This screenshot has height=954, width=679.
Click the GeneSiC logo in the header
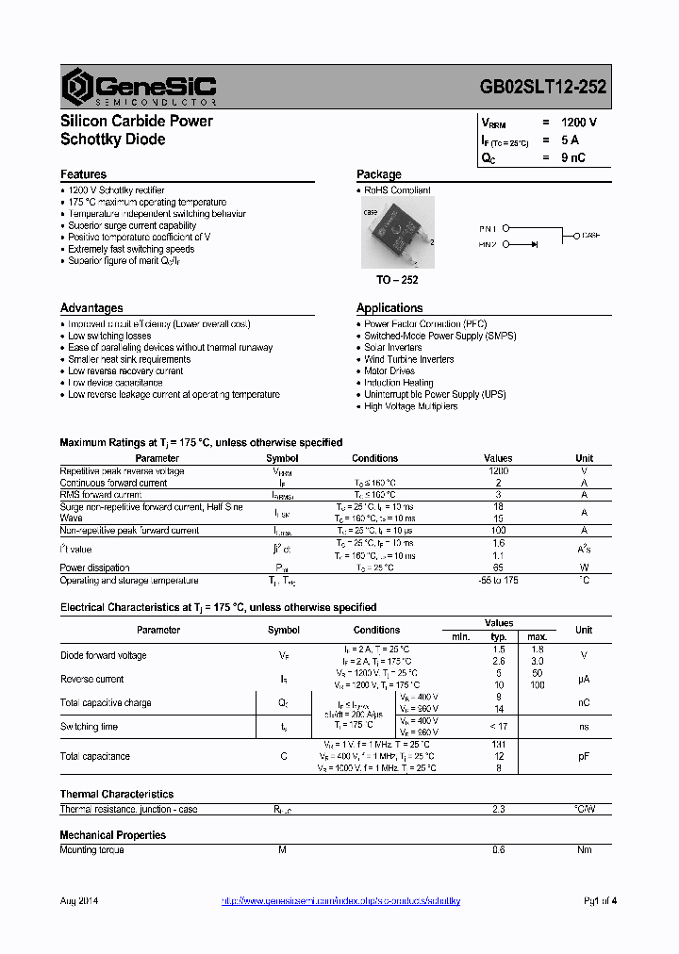pos(140,87)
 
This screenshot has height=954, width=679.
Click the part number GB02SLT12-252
pos(543,87)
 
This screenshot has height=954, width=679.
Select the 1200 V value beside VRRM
pos(578,123)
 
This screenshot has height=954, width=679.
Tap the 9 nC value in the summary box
pos(572,157)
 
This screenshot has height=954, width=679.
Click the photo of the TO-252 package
pos(397,232)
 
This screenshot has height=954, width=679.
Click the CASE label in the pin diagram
pos(589,235)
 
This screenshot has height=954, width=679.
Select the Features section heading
pos(83,174)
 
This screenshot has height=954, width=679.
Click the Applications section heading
pos(389,308)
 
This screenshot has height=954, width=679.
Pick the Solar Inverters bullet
pos(393,347)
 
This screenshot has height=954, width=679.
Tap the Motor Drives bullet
pos(389,370)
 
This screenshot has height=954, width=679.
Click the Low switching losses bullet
pos(109,336)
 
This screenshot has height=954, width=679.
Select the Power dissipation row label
pos(94,567)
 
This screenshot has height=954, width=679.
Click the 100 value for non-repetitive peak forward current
pos(498,531)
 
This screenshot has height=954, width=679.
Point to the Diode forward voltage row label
pos(103,655)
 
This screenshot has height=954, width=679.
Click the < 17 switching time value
pos(498,727)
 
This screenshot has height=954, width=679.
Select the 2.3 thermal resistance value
pos(498,809)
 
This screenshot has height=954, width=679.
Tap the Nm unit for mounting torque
pos(584,850)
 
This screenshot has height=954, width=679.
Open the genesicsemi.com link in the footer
pos(340,901)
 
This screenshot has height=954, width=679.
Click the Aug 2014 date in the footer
pos(79,901)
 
